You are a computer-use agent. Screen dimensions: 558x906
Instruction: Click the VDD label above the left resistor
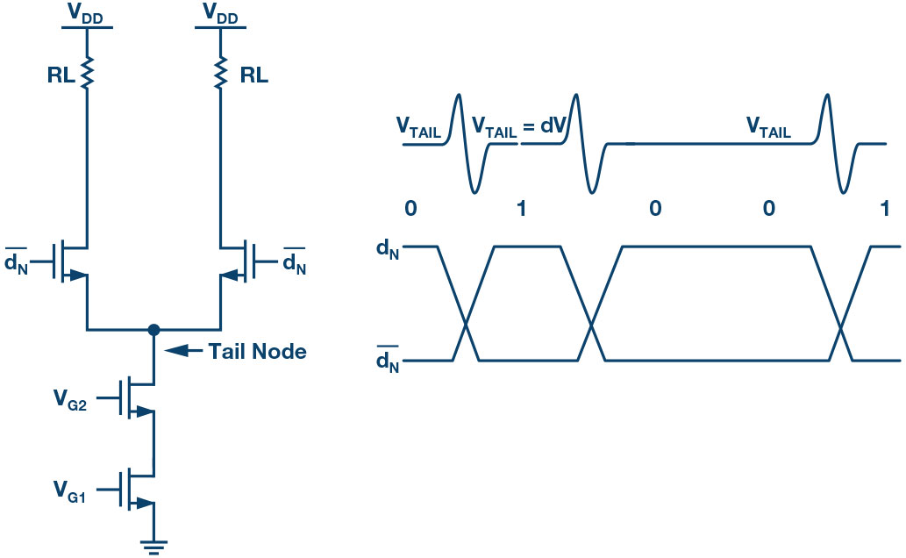pyautogui.click(x=87, y=12)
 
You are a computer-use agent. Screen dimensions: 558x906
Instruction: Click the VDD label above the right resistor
pyautogui.click(x=221, y=12)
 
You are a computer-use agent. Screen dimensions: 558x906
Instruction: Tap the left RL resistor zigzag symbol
pyautogui.click(x=87, y=75)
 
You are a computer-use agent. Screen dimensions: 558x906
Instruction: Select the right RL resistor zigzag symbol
pyautogui.click(x=221, y=75)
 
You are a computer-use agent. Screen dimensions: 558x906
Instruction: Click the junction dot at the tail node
pyautogui.click(x=154, y=330)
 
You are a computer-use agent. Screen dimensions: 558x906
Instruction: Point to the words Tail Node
pyautogui.click(x=257, y=352)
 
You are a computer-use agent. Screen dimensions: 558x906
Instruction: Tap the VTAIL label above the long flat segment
pyautogui.click(x=768, y=130)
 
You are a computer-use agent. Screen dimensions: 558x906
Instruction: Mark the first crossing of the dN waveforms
pyautogui.click(x=465, y=327)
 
